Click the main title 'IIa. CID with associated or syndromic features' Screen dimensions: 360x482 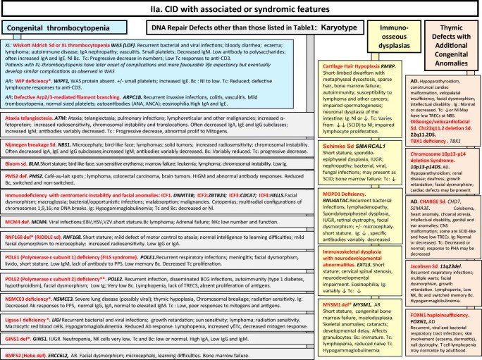pyautogui.click(x=240, y=8)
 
